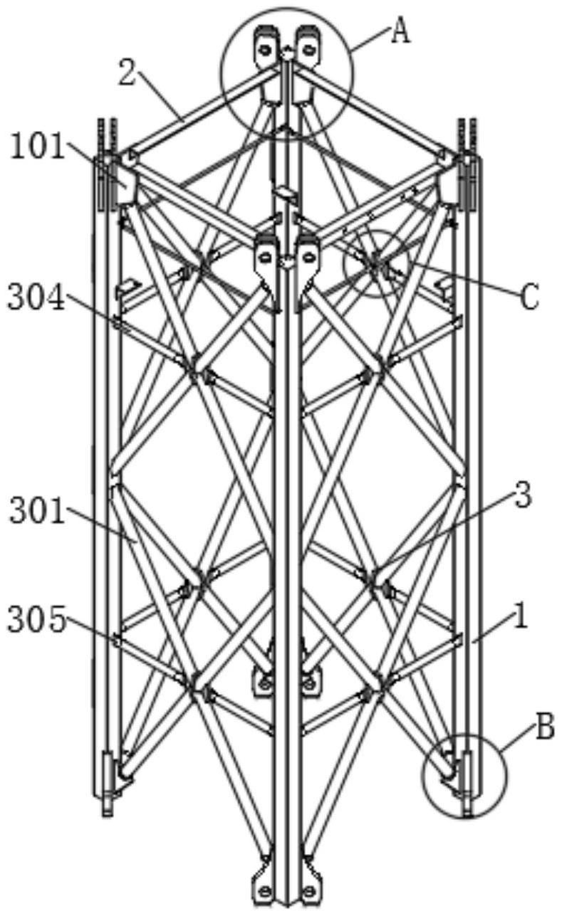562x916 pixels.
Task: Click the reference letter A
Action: (x=401, y=32)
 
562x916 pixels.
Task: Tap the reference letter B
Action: (x=544, y=729)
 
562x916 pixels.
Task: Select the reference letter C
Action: (x=529, y=299)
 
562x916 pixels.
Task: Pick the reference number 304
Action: (x=36, y=299)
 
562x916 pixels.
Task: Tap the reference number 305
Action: (x=36, y=621)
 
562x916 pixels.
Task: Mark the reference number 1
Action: (x=521, y=617)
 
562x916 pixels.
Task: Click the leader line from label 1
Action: (x=491, y=630)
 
